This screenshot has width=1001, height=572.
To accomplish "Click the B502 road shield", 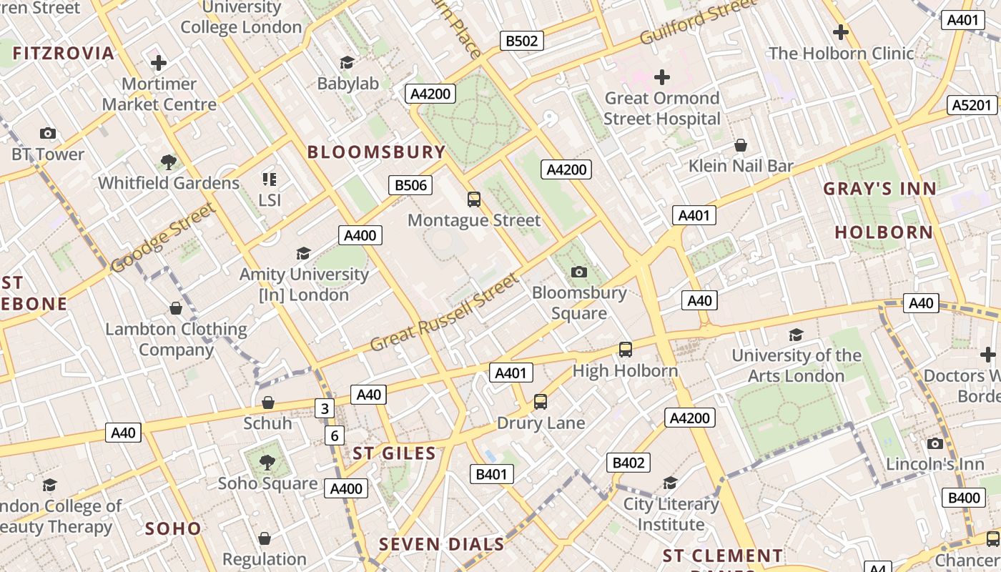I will (x=521, y=41).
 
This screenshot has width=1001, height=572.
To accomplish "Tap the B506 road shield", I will (x=411, y=185).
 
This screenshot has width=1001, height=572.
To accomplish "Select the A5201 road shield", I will (x=973, y=105).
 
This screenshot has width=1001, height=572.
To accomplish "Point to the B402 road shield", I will (x=628, y=463).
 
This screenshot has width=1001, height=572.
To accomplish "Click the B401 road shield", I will (x=491, y=473).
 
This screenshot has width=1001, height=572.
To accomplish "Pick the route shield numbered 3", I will (x=325, y=408).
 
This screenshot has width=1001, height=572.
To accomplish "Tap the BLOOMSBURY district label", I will (x=376, y=152).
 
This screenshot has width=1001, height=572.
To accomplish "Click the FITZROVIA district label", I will (x=63, y=53).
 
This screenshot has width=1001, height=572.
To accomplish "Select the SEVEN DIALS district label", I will (x=441, y=544).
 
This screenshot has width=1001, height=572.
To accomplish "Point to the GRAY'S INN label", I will (x=879, y=189).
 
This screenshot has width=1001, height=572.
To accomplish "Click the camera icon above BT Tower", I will (x=48, y=133).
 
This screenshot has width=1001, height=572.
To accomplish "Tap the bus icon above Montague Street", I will (x=473, y=199).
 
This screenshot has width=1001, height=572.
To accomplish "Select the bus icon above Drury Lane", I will (x=541, y=402).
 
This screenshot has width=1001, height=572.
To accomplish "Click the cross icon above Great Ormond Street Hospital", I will (x=662, y=77).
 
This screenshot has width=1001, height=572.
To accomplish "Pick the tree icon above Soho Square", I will (x=267, y=463).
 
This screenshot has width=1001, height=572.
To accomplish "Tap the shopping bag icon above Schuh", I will (x=268, y=403).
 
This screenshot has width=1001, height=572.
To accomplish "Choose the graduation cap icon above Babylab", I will (x=347, y=63).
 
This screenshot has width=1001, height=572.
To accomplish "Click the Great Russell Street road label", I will (x=444, y=312).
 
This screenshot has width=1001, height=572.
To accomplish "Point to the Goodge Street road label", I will (x=163, y=238).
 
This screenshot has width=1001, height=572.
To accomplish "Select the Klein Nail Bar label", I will (x=741, y=166).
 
